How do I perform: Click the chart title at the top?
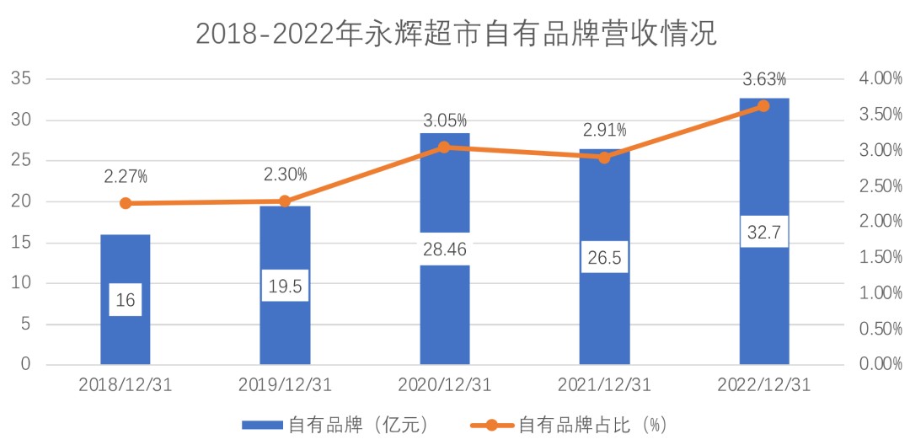(x=456, y=34)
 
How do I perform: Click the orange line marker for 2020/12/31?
(x=444, y=147)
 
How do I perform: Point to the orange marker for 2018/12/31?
(x=126, y=203)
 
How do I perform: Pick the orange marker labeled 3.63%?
(x=764, y=106)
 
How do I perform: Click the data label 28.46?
(x=444, y=249)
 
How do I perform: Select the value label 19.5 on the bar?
(x=285, y=286)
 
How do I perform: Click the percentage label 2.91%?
(x=604, y=131)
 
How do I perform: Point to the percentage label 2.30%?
(x=285, y=174)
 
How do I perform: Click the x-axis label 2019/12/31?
(x=285, y=385)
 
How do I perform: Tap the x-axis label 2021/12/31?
(x=604, y=385)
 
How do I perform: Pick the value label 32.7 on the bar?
(x=764, y=231)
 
